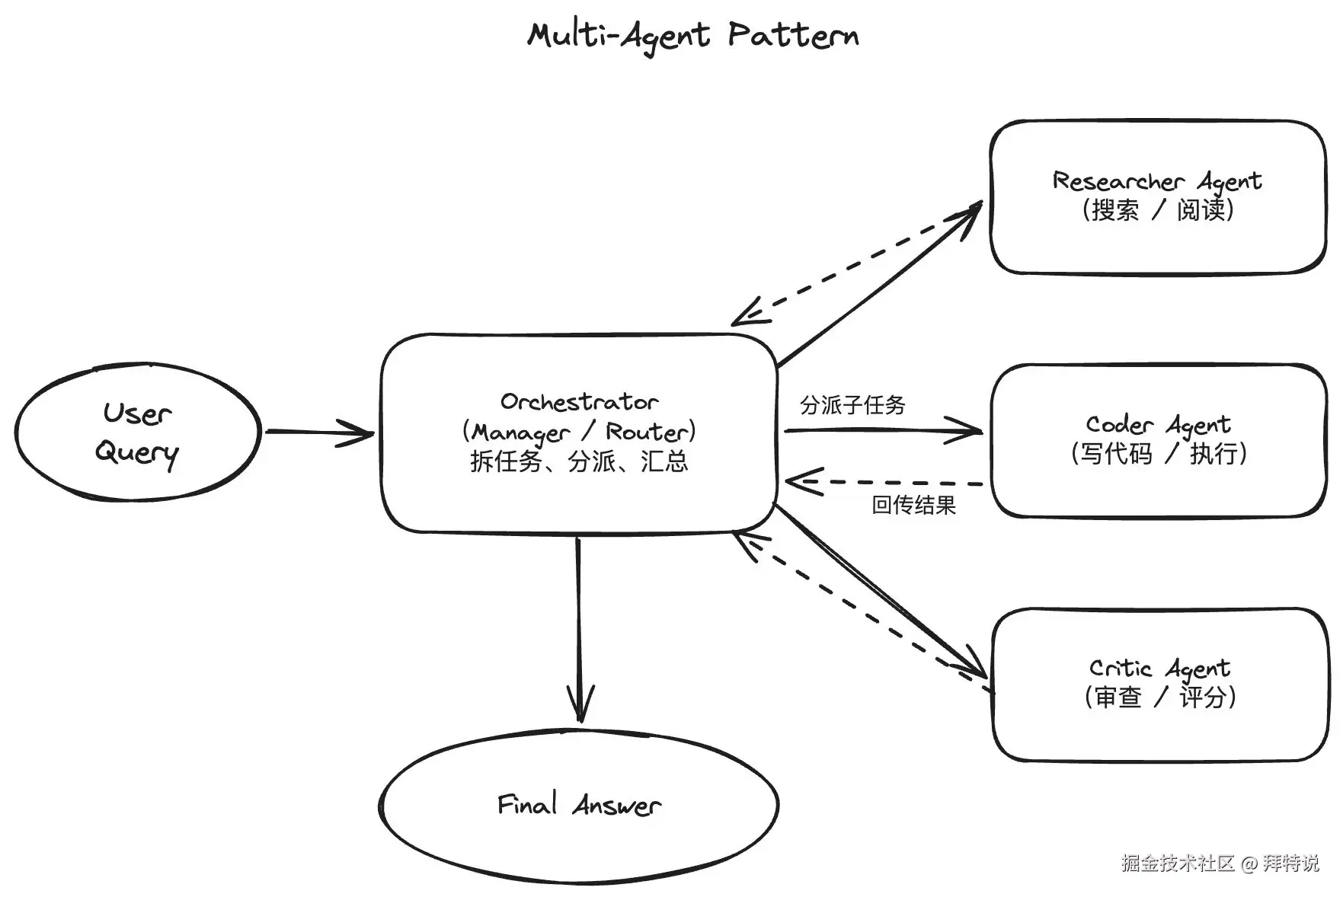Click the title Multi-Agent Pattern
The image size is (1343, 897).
pos(693,36)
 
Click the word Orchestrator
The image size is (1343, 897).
pos(579,401)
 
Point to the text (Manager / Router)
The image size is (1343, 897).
pos(579,432)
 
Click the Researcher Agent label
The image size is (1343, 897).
pos(1157,181)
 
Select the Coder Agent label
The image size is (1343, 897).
pos(1158,425)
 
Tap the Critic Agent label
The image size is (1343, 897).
pos(1159,669)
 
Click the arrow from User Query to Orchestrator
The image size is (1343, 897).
pos(320,433)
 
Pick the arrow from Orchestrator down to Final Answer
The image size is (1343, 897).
pos(579,629)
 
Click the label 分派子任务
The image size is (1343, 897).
pos(852,404)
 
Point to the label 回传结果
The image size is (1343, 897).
pos(913,505)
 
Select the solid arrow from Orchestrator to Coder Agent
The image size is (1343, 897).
pos(884,431)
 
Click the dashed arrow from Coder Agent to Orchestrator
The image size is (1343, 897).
pos(884,483)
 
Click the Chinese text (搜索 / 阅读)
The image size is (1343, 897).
pos(1157,209)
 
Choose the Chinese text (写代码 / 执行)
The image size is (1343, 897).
pos(1158,453)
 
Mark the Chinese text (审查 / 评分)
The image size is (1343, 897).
pos(1159,697)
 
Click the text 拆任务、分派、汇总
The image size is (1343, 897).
pos(579,461)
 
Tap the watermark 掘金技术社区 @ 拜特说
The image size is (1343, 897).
pos(1220,863)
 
